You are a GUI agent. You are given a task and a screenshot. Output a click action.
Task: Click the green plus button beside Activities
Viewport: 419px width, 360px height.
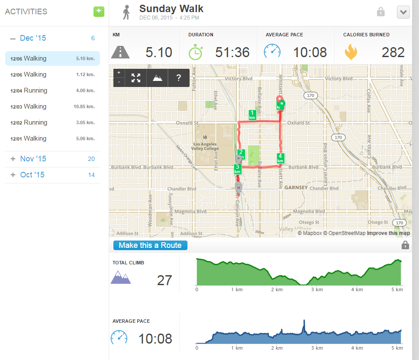(x=99, y=12)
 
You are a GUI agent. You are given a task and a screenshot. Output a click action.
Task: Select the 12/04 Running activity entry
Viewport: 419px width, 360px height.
(x=52, y=90)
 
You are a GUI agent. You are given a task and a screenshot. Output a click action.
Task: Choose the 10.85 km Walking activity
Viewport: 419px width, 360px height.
(x=52, y=106)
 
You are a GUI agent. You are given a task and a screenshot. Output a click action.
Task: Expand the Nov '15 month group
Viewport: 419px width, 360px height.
(x=33, y=159)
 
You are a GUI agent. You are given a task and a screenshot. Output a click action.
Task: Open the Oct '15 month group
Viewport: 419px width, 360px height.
(x=32, y=175)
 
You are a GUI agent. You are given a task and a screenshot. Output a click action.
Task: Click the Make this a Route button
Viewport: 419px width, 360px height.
(x=150, y=245)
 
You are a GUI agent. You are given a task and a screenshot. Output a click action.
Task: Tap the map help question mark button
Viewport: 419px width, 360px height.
(x=178, y=78)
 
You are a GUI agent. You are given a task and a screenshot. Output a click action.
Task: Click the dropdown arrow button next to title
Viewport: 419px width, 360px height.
(x=403, y=12)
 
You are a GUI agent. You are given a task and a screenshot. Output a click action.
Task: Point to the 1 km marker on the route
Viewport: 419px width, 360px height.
(x=252, y=115)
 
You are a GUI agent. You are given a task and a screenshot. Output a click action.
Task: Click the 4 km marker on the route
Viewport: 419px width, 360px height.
(x=280, y=158)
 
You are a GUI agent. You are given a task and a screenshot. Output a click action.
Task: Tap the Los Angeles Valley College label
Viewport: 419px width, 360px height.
(x=206, y=146)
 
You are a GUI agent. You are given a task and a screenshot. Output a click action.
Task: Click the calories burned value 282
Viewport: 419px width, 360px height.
(x=393, y=52)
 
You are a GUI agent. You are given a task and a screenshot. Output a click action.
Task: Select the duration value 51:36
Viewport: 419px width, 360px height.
(x=232, y=52)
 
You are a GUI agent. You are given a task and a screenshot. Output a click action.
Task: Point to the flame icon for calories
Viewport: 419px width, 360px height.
(x=351, y=52)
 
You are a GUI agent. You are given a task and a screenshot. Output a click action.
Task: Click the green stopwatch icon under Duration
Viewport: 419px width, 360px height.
(x=195, y=52)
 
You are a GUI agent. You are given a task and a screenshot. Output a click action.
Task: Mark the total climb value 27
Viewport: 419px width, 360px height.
(x=164, y=280)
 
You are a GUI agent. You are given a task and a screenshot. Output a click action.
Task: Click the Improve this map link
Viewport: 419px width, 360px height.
(x=388, y=233)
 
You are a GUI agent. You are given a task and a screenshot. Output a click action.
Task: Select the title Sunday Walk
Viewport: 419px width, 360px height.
(x=171, y=9)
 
